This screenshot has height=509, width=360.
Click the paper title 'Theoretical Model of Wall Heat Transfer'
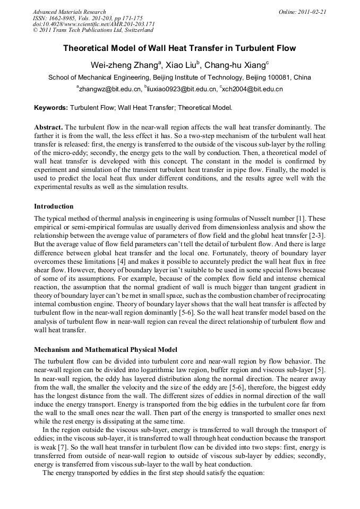click(179, 48)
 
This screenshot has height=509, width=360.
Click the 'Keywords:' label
click(51, 107)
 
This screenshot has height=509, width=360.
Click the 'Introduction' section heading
click(54, 206)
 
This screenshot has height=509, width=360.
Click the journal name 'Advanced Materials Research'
click(69, 12)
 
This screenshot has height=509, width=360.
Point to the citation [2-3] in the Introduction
click(317, 236)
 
